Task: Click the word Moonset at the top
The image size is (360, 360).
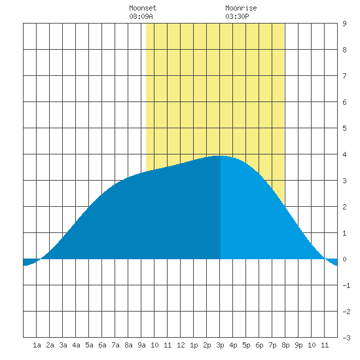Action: (x=143, y=8)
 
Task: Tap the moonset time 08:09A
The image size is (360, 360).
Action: (x=141, y=16)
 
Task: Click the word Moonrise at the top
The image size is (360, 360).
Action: (x=241, y=8)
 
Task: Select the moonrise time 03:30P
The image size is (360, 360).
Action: (x=237, y=16)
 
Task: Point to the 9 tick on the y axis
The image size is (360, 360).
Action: (x=344, y=24)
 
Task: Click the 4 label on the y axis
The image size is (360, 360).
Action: (x=344, y=154)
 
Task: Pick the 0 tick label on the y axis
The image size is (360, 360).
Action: (x=344, y=259)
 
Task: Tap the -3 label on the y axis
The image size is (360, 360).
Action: (x=346, y=338)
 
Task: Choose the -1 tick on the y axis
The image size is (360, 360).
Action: (x=346, y=285)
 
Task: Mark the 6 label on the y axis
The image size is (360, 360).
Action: (x=344, y=102)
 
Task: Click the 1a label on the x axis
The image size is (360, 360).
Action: (x=37, y=345)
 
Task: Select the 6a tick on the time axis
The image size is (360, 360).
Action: (x=102, y=345)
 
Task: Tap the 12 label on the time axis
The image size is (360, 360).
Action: (x=181, y=345)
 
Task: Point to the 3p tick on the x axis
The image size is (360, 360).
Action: (x=220, y=345)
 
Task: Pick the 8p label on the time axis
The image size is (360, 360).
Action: (x=285, y=345)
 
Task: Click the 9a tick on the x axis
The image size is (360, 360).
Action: (x=141, y=345)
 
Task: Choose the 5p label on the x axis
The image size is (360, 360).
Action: (x=246, y=345)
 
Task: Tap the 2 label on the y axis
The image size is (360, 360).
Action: (x=344, y=207)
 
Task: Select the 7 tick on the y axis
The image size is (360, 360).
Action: (x=344, y=76)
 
